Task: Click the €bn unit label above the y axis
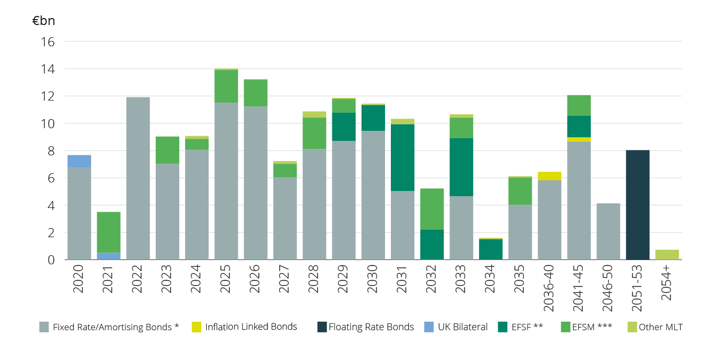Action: point(44,21)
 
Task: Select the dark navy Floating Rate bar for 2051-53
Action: point(638,205)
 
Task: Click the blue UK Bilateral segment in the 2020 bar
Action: point(79,161)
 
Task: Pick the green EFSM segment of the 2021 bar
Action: point(108,232)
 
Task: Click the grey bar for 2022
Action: point(138,178)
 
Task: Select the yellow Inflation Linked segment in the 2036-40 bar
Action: point(549,176)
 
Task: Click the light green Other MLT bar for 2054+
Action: point(667,255)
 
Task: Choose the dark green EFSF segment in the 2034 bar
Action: point(491,249)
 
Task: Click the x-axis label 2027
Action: point(286,279)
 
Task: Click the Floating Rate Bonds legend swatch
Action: point(322,327)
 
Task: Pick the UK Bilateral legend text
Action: point(462,327)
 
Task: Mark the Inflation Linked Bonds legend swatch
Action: point(196,327)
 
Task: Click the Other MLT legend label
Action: point(661,327)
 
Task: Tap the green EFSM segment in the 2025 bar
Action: point(226,86)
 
